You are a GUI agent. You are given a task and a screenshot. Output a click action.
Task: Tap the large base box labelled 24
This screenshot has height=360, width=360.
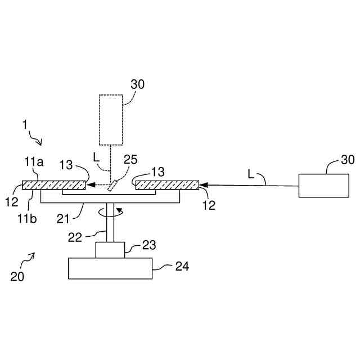coord(110,268)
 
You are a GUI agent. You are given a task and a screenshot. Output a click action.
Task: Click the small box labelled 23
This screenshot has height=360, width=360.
coord(110,249)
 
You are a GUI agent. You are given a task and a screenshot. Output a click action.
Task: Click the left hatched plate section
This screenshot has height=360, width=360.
coord(53,184)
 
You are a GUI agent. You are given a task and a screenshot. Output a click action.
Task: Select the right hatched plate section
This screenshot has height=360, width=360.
coord(167,184)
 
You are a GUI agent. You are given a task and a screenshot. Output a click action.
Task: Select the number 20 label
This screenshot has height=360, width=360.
coord(17,276)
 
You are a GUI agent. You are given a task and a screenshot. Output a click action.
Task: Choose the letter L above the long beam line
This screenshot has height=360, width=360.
coord(250,174)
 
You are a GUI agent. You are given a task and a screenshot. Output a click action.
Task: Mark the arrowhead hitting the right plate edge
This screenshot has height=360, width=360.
coord(203,184)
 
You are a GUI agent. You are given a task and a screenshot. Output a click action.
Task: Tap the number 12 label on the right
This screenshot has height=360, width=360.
coord(209,206)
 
